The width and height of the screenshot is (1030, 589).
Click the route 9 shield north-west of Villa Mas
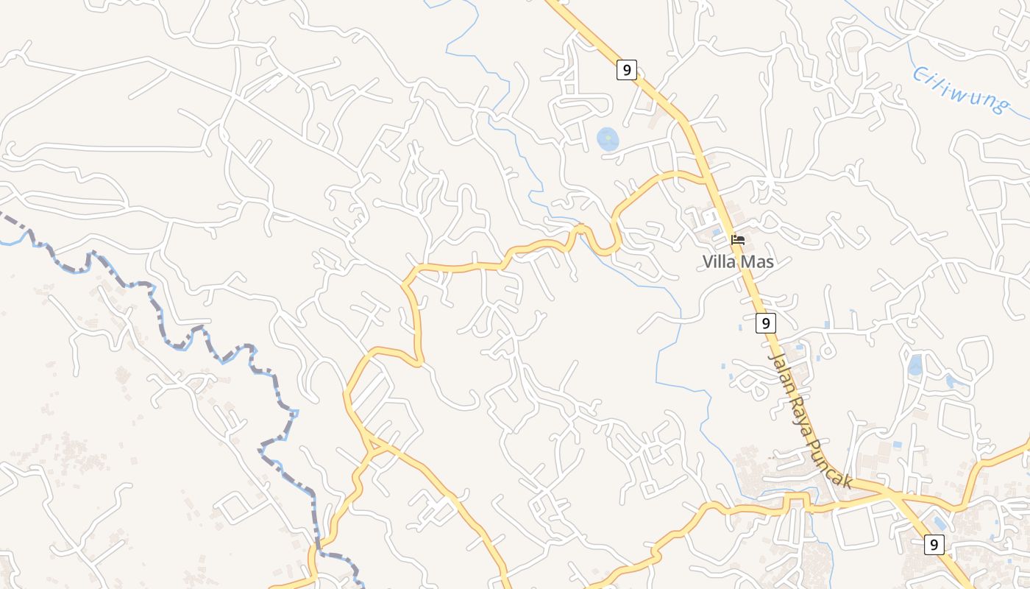[x=626, y=70]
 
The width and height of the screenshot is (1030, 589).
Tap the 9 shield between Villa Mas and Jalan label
[x=766, y=322]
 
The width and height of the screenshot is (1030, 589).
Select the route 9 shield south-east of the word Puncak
[x=934, y=545]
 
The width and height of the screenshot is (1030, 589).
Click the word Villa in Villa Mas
[x=719, y=261]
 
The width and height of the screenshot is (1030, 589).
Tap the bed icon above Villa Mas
[x=738, y=240]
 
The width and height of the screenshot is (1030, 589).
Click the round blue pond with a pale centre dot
[x=608, y=138]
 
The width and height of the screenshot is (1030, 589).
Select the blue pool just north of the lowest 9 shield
[x=940, y=523]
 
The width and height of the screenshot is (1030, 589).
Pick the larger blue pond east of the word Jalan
[x=915, y=365]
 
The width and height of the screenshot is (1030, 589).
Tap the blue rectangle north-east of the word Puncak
[x=897, y=445]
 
